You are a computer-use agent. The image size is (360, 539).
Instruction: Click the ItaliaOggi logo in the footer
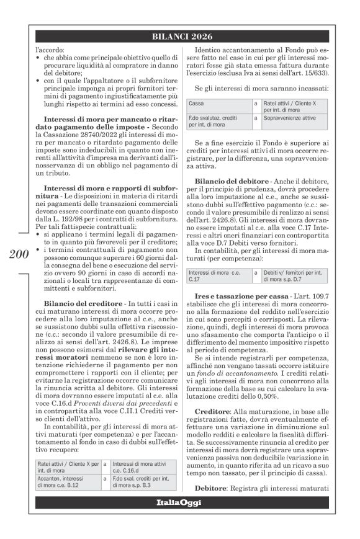tap(179, 502)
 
